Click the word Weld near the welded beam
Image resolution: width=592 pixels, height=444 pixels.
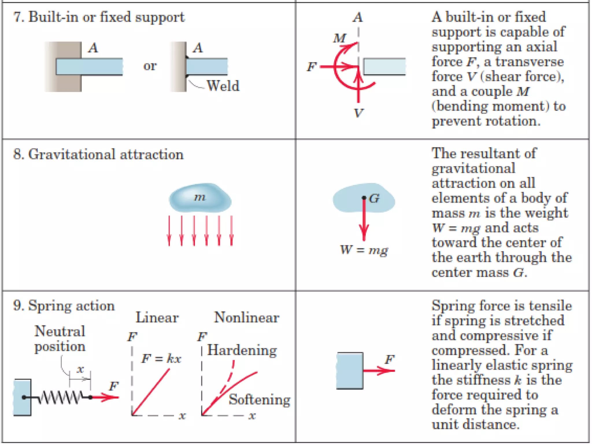point(223,86)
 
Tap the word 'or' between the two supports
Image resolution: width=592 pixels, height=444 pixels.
point(150,66)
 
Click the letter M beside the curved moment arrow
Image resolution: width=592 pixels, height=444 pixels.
point(339,38)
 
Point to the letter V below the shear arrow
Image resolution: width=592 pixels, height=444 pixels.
point(358,113)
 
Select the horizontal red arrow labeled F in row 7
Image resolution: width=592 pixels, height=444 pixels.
point(338,67)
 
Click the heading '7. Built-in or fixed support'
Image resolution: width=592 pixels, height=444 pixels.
point(99,17)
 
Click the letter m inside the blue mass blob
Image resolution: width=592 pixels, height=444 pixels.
point(200,197)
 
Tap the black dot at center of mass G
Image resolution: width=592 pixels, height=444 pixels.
point(364,198)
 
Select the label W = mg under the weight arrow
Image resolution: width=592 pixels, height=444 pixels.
point(364,249)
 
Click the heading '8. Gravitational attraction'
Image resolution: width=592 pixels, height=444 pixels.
point(98,154)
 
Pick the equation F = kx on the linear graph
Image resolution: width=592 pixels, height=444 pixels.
point(161,359)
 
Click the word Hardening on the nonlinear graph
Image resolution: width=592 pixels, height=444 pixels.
point(242,350)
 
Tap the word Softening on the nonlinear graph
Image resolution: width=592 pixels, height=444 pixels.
point(259,399)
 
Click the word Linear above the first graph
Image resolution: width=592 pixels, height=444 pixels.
point(157,317)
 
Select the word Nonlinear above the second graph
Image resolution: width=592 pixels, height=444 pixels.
point(246,317)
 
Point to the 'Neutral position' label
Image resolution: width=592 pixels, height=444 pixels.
point(60,339)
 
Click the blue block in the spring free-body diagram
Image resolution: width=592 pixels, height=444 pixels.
point(349,371)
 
